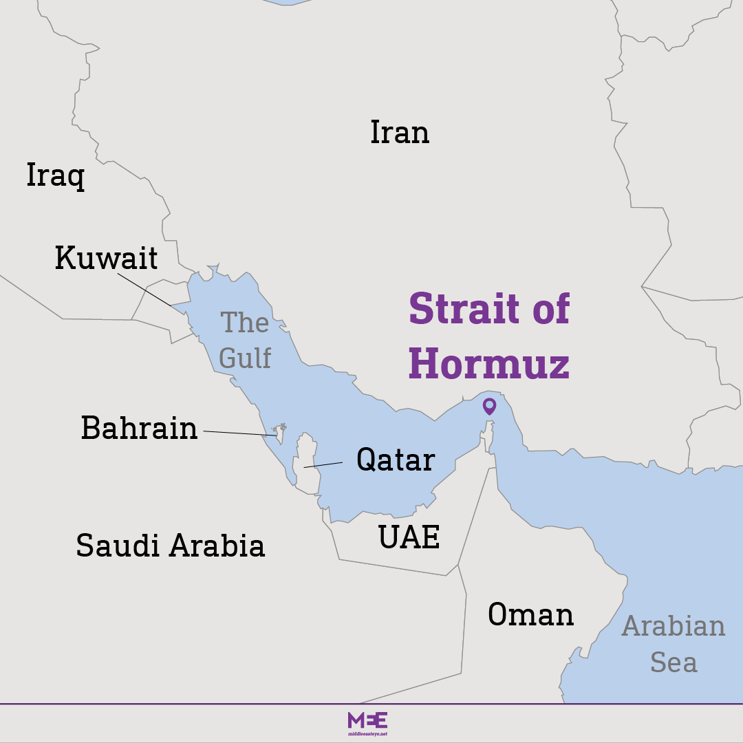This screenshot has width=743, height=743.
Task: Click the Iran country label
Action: point(400,133)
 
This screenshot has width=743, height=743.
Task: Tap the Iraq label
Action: point(55,175)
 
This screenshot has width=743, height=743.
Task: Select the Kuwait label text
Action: point(107,258)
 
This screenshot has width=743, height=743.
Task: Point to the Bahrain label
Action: point(139,428)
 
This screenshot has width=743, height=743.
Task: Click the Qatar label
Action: point(396,460)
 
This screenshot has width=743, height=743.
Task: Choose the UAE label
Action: point(409,537)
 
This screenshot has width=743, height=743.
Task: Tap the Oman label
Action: point(530,614)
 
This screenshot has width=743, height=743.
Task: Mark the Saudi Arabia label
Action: point(170,546)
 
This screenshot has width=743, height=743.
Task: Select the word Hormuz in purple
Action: point(489,364)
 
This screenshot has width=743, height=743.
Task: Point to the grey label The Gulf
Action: point(245,340)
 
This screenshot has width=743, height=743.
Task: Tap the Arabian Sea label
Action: point(674,644)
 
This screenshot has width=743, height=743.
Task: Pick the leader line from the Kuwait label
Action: point(144,290)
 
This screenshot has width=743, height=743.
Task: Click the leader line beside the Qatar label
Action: point(323,465)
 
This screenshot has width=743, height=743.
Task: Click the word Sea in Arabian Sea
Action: point(674,663)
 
